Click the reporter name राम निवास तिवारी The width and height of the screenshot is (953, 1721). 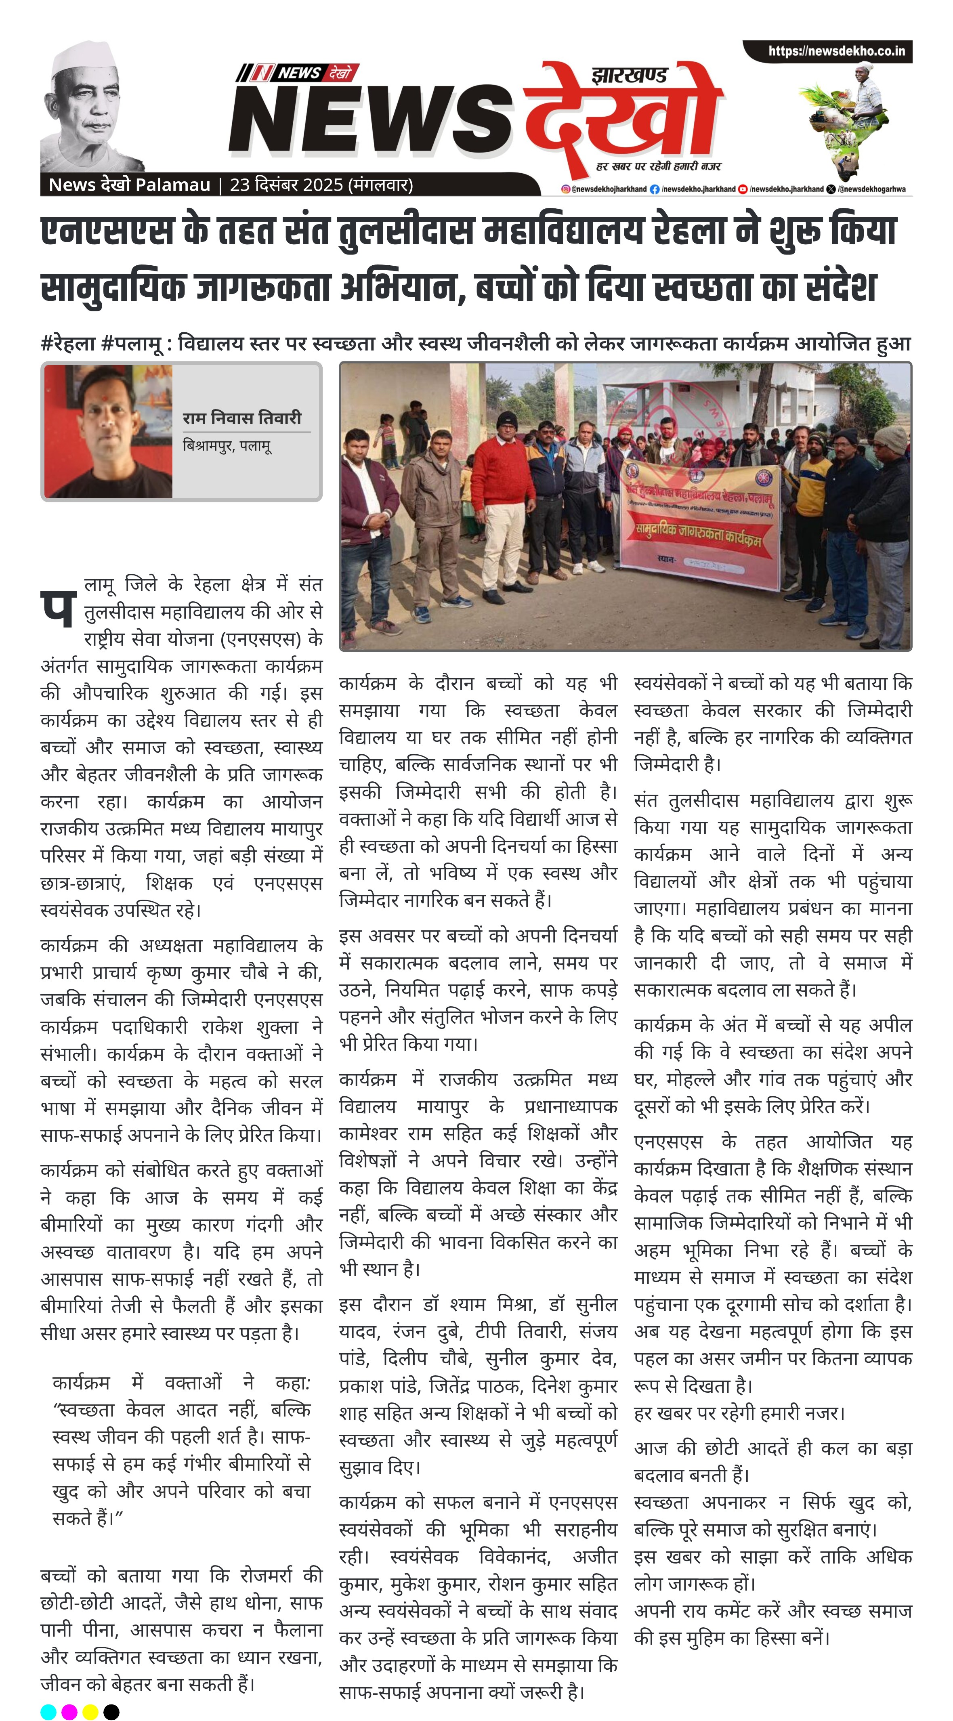click(242, 418)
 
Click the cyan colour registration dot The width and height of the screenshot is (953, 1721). click(48, 1712)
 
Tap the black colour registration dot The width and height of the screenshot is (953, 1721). click(111, 1712)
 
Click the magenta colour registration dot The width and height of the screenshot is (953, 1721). click(69, 1712)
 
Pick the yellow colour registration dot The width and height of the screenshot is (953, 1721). click(90, 1712)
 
